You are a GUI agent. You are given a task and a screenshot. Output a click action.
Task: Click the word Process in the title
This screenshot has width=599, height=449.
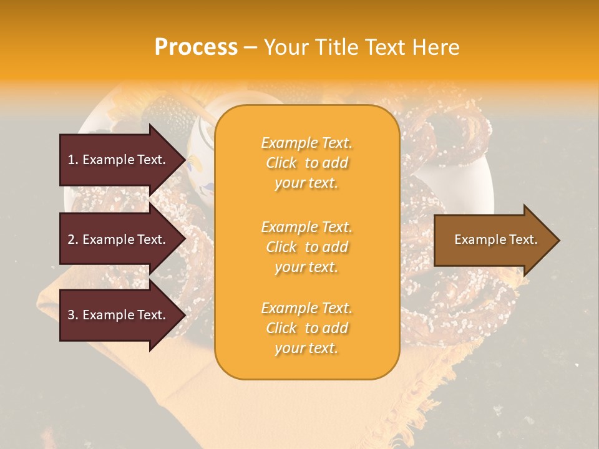pos(196,47)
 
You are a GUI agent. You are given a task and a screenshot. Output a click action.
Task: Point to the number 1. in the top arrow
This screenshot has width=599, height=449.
pos(73,160)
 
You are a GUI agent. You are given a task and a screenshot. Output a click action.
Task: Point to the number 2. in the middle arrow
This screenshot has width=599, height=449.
pos(73,239)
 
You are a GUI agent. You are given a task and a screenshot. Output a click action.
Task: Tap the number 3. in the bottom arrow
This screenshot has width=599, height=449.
pos(73,315)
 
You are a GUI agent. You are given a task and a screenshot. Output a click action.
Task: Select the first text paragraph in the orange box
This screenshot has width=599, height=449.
pos(306,163)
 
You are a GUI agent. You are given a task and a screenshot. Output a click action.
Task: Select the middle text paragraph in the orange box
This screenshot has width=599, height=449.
pos(306,247)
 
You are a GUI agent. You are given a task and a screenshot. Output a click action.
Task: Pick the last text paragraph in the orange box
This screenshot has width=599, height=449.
pos(306,328)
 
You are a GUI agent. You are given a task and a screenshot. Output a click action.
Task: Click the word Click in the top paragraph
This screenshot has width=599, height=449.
pos(281,163)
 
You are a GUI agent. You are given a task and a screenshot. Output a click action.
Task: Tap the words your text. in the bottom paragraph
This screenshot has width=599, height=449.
pos(306,349)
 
